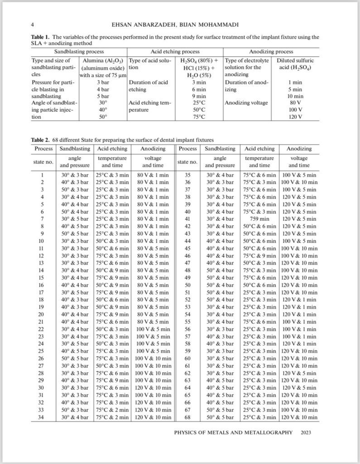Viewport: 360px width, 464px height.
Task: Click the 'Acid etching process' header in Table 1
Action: (x=175, y=52)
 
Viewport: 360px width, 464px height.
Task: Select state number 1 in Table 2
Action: (x=42, y=174)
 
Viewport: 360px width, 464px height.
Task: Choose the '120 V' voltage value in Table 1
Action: (x=296, y=117)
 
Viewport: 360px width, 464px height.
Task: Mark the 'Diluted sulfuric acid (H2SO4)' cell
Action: (x=296, y=64)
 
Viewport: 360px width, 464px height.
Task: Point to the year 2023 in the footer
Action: (x=306, y=433)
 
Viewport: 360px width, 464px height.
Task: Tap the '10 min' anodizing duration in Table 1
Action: (x=296, y=97)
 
